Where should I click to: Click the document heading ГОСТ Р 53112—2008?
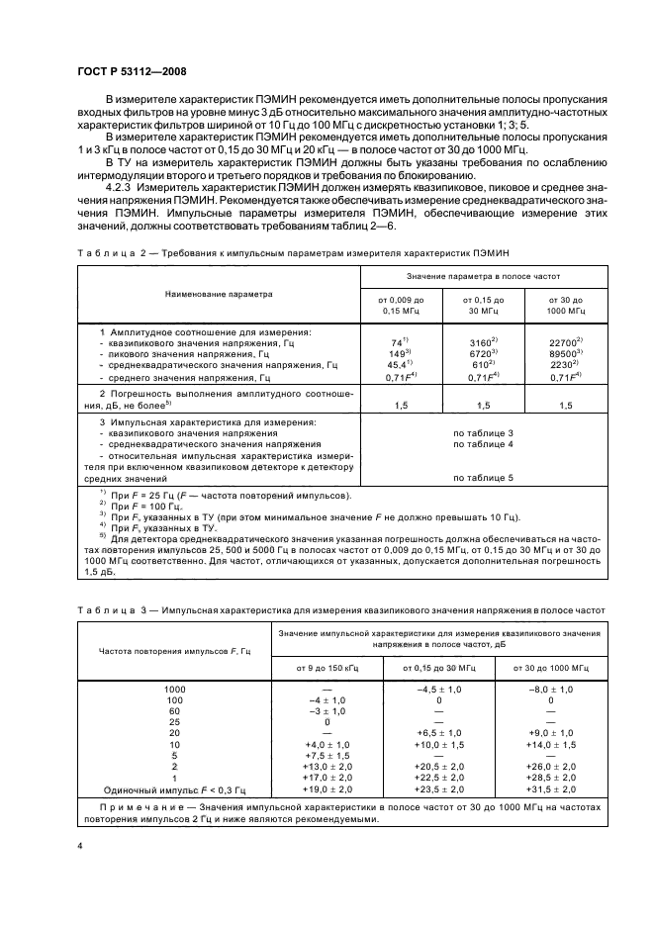pos(132,70)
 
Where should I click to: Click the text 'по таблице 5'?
pos(484,478)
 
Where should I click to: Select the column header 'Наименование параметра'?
pos(220,295)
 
